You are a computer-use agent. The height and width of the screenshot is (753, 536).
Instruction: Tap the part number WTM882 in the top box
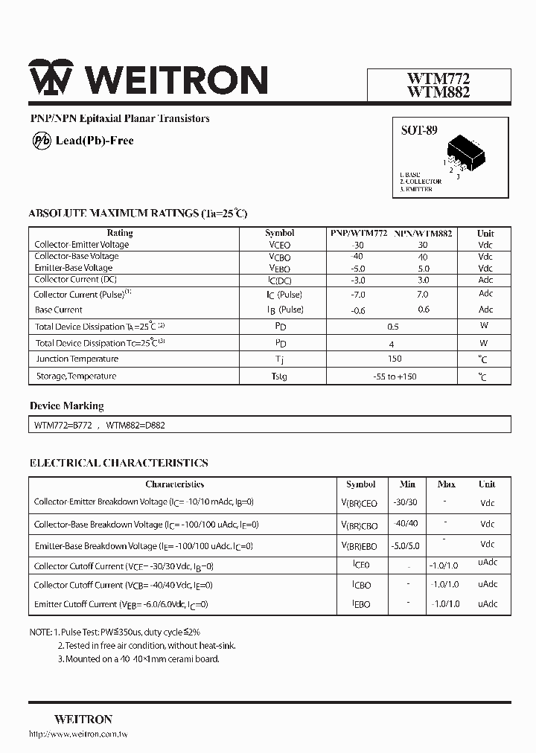tap(438, 92)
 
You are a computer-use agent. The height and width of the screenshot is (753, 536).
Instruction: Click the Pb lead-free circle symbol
tap(42, 141)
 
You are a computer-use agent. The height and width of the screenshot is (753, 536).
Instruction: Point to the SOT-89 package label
tap(419, 131)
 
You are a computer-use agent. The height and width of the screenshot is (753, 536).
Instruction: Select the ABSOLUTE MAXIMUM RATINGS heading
tap(138, 214)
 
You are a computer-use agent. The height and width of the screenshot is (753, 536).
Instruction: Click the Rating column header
tap(120, 233)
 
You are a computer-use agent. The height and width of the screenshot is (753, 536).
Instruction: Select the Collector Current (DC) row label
tap(76, 280)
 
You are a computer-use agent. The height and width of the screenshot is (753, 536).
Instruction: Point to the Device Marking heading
tap(66, 406)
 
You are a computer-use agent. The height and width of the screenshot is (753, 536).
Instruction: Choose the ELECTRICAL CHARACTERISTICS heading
tap(118, 463)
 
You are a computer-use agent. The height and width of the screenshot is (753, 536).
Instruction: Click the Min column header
tap(407, 484)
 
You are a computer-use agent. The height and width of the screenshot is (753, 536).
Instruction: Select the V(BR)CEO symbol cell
tap(360, 504)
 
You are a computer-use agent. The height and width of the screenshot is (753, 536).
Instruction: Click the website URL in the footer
tap(78, 735)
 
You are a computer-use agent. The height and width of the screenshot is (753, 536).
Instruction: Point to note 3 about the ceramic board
tap(138, 659)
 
